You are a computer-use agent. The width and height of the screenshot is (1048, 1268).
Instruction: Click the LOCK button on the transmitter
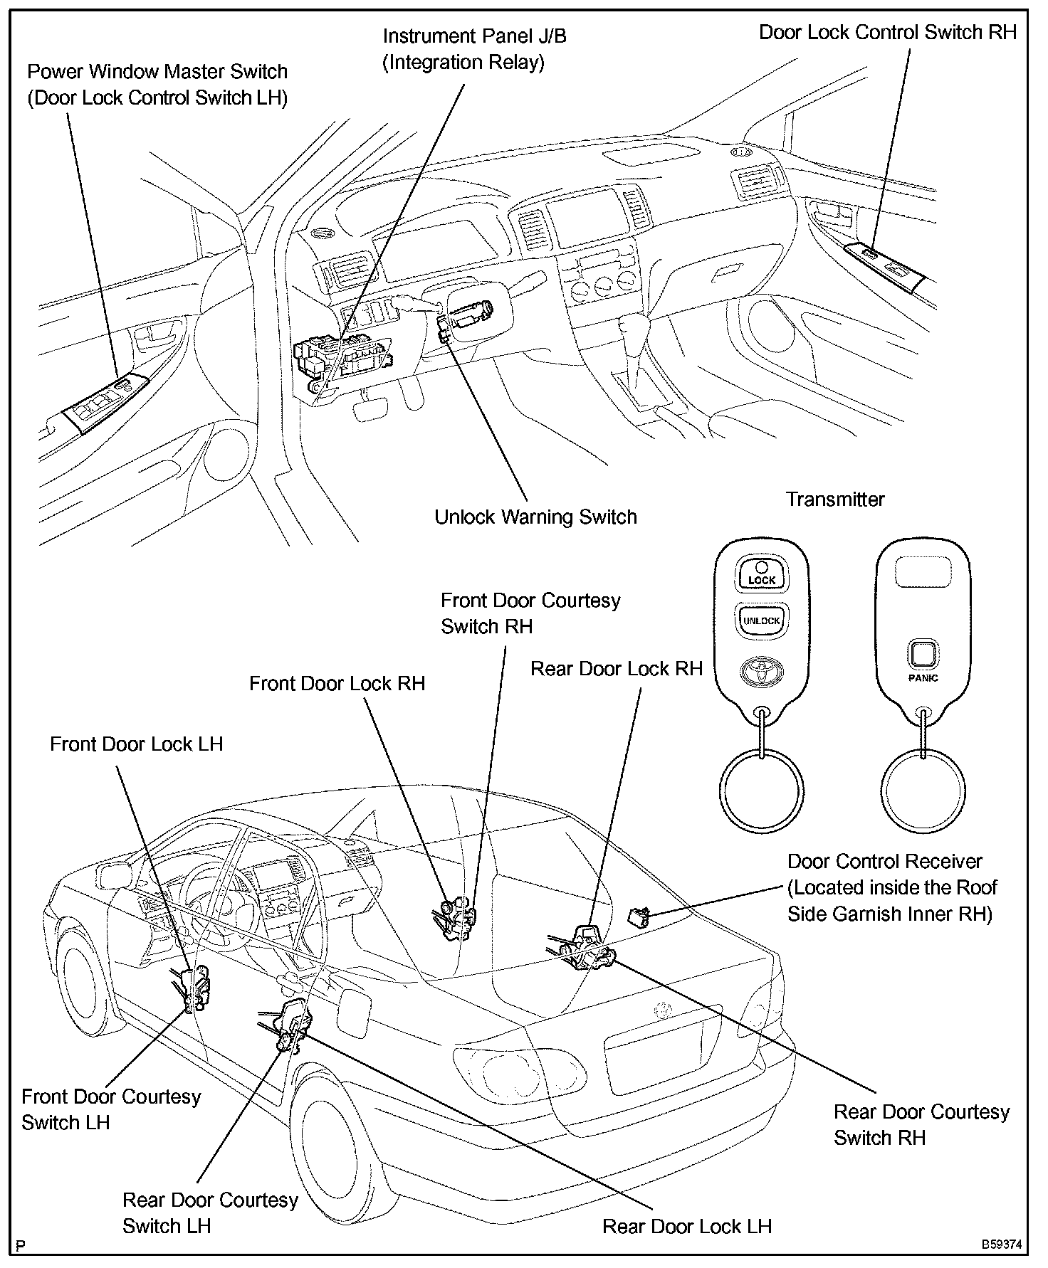pos(761,574)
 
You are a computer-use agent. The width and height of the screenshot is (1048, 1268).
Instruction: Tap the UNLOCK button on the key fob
pos(761,620)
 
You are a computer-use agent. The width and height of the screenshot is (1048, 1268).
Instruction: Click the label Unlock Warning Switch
pos(535,517)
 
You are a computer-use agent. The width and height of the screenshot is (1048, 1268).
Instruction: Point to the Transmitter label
pos(835,500)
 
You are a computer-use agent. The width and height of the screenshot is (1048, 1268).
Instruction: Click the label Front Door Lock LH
pos(136,744)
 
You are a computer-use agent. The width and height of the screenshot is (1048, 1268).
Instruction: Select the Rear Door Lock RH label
pos(617,669)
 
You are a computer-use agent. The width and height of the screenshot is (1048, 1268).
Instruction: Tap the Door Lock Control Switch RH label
pos(887,32)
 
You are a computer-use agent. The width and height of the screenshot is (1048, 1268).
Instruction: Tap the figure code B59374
pos(1002,1245)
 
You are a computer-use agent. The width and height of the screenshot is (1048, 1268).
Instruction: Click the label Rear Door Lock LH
pos(686,1226)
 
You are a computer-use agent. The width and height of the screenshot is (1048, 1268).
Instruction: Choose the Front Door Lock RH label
pos(337,684)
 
